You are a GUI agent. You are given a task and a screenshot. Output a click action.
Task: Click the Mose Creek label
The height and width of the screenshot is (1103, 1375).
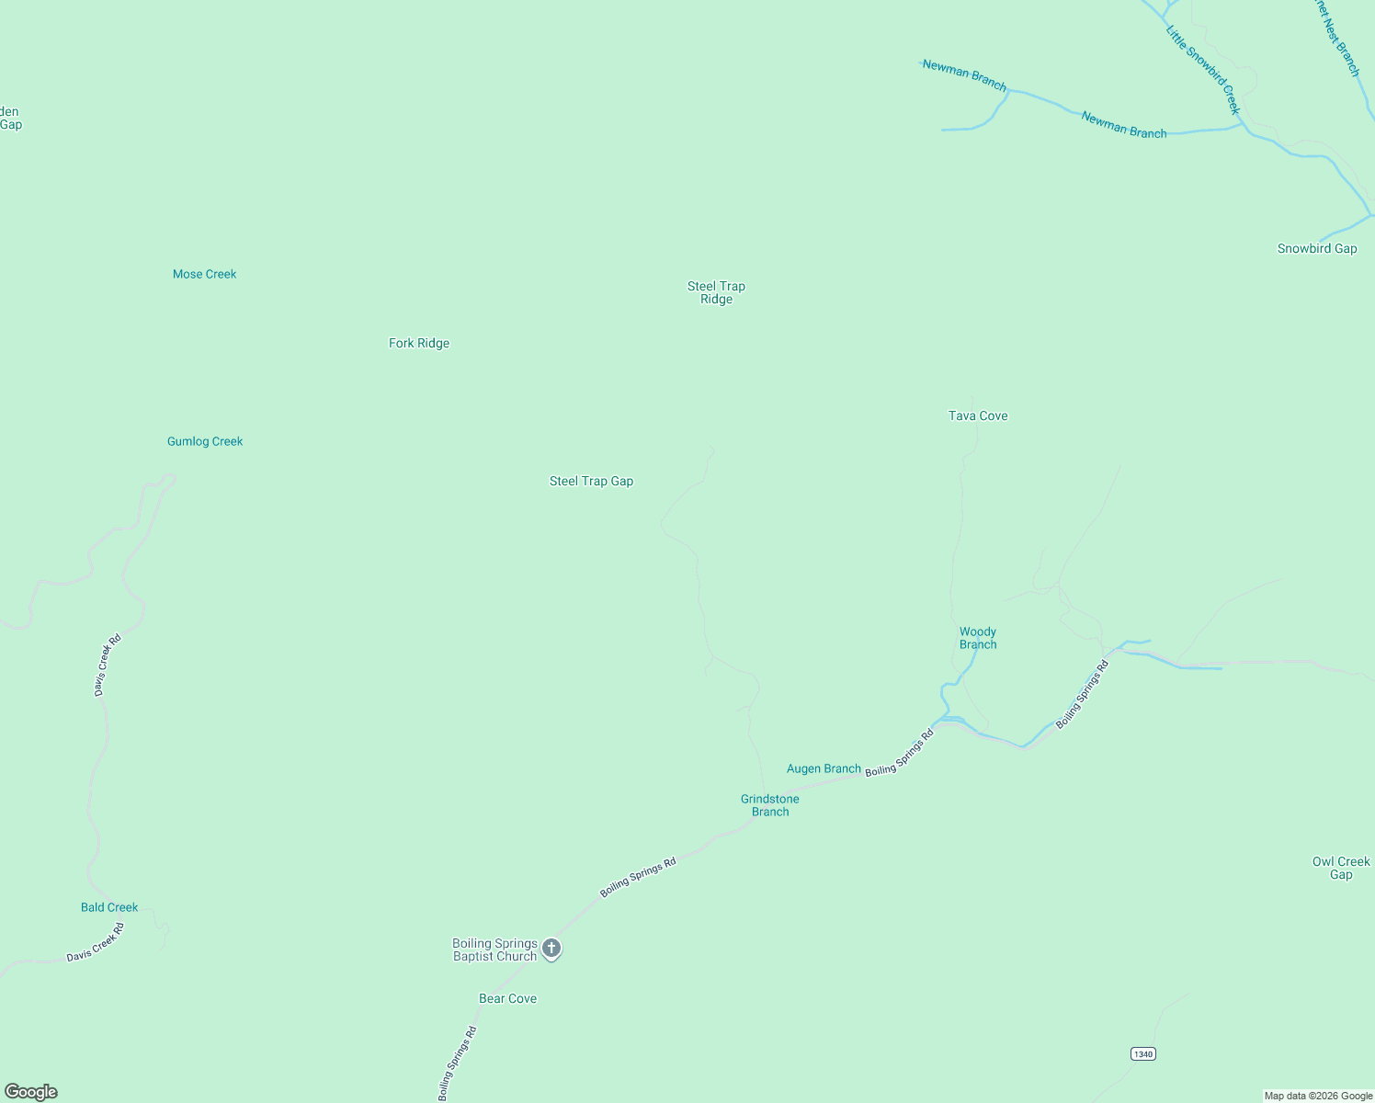coord(204,274)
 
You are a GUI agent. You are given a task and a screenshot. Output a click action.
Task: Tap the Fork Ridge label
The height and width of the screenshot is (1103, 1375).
coord(419,343)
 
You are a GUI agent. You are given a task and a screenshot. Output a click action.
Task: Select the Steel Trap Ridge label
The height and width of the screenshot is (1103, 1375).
coord(716,292)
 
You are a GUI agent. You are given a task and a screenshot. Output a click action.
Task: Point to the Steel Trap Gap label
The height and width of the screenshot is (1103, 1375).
coord(591,481)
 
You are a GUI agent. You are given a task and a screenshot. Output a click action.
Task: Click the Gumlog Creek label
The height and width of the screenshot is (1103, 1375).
coord(205,441)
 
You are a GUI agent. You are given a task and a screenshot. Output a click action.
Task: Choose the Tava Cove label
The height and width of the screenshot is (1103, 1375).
coord(978,415)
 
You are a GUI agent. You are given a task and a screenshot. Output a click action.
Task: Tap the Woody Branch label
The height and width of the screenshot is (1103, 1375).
coord(978,638)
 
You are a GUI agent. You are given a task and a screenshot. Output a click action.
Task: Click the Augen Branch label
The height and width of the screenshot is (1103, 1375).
coord(824,768)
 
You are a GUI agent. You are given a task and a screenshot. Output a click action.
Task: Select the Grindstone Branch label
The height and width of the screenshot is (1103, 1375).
coord(770,805)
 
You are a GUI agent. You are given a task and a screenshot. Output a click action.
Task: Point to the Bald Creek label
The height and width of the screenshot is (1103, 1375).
coord(109,907)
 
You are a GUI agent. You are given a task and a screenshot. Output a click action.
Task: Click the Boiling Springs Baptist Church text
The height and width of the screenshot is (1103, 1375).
coord(494,949)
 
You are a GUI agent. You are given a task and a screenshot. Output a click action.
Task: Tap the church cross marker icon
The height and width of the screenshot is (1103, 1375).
coord(551,948)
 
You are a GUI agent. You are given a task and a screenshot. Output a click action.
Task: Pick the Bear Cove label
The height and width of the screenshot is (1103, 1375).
coord(507,998)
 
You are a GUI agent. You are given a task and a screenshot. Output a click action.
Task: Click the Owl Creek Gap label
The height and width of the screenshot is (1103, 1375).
coord(1341,868)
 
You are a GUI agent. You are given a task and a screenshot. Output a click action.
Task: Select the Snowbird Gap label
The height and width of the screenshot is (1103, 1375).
coord(1317,248)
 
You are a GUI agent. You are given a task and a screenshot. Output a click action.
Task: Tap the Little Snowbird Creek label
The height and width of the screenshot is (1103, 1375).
coord(1203,70)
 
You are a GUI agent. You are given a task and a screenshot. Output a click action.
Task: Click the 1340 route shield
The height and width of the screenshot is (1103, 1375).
coord(1142,1053)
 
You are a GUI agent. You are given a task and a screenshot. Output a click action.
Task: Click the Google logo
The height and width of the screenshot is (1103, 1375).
coord(31,1092)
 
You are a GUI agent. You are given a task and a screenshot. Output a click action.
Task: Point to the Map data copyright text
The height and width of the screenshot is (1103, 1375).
coord(1318,1096)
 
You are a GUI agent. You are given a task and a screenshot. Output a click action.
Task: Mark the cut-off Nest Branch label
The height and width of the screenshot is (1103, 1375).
coord(1336,39)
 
